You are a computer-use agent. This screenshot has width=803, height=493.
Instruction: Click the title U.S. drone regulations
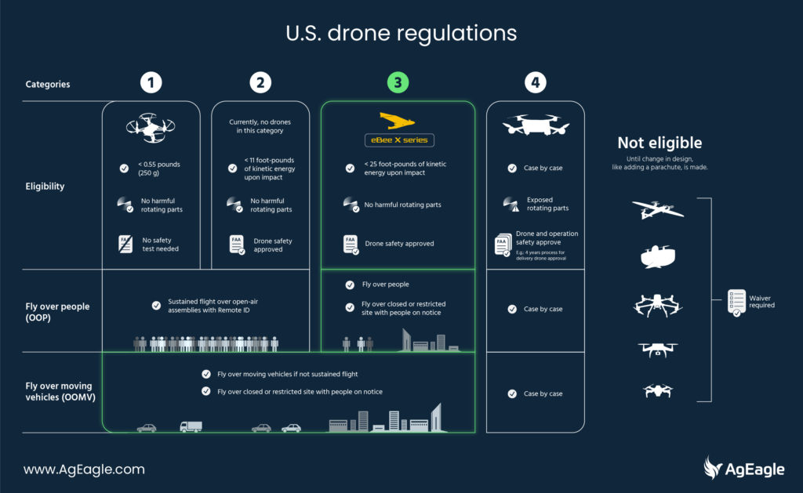[401, 34]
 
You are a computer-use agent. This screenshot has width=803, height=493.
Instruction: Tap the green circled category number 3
[398, 82]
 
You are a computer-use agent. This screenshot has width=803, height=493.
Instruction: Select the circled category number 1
[151, 82]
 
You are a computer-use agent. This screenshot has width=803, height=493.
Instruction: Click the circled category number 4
[536, 82]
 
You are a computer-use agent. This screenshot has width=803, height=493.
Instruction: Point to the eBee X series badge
[398, 141]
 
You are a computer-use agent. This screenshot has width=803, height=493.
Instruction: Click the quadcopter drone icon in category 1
[151, 126]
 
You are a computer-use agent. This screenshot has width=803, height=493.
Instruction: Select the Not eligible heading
[659, 143]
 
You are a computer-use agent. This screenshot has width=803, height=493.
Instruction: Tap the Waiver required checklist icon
[736, 301]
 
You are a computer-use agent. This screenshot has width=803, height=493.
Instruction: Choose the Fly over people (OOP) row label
[57, 312]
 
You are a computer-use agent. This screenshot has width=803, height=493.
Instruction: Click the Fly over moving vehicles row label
[62, 391]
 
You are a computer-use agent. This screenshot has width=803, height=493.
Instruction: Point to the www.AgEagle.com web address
[84, 469]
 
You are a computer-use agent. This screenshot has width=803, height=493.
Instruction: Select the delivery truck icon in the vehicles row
[191, 426]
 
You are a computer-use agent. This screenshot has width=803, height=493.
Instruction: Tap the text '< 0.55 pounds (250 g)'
[162, 169]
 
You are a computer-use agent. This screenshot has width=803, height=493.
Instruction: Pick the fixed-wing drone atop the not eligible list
[657, 209]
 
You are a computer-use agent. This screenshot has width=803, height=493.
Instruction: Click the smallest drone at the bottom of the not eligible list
[657, 390]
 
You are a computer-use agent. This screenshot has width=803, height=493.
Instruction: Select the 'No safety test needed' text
[165, 245]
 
